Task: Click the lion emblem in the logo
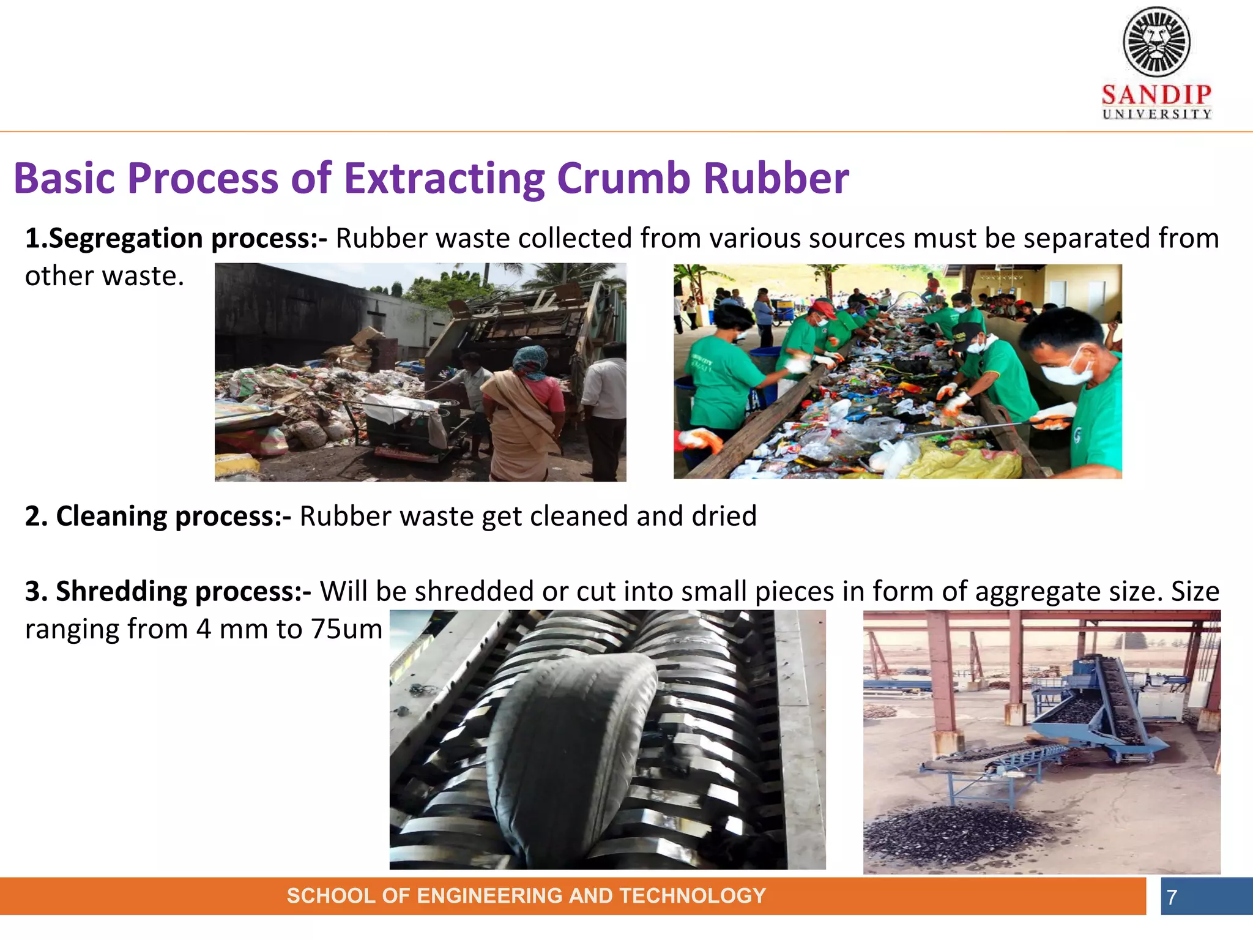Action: pyautogui.click(x=1156, y=42)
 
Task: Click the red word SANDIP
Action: pyautogui.click(x=1156, y=95)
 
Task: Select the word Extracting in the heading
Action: pyautogui.click(x=444, y=179)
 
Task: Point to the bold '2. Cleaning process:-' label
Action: pyautogui.click(x=158, y=517)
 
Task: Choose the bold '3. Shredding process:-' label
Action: pyautogui.click(x=168, y=592)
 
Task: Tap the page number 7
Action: pyautogui.click(x=1172, y=897)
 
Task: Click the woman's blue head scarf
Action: pyautogui.click(x=530, y=361)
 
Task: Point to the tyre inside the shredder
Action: pyautogui.click(x=569, y=753)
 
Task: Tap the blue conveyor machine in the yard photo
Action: pyautogui.click(x=1095, y=704)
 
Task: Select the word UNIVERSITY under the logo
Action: pyautogui.click(x=1156, y=114)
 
